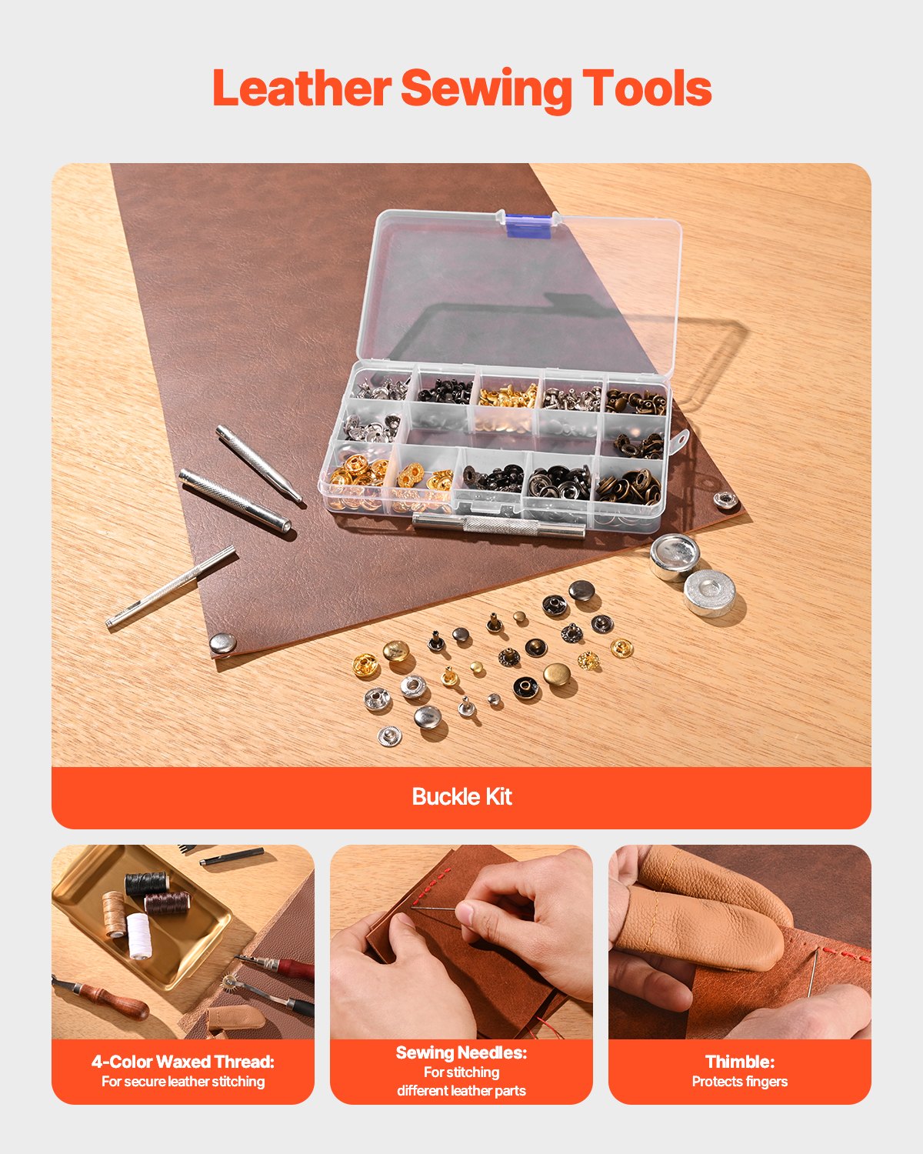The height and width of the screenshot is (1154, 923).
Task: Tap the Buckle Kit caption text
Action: pos(461,796)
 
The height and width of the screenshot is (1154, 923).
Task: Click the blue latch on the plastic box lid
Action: pos(528,225)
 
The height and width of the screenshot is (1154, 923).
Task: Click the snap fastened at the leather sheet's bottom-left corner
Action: pos(223,644)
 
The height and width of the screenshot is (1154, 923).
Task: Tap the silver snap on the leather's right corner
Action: pos(725,500)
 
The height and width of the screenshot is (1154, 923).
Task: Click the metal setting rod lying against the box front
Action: pos(498,525)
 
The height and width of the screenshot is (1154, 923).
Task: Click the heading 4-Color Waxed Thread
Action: pos(183,1062)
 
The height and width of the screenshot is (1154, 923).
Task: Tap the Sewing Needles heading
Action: pos(461,1052)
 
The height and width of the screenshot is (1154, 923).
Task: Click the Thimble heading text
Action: pos(740,1062)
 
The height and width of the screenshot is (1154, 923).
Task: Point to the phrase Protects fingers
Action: pos(740,1082)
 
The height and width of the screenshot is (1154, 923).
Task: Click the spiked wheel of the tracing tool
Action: pos(228,982)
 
